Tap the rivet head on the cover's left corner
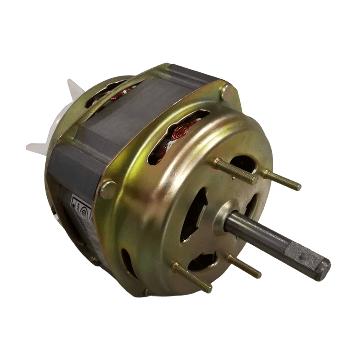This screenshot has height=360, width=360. (x=108, y=189)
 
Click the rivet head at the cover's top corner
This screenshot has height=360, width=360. (x=228, y=92)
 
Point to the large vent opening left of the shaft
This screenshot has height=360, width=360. (x=193, y=216)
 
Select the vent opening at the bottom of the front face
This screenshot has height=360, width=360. (x=202, y=261)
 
